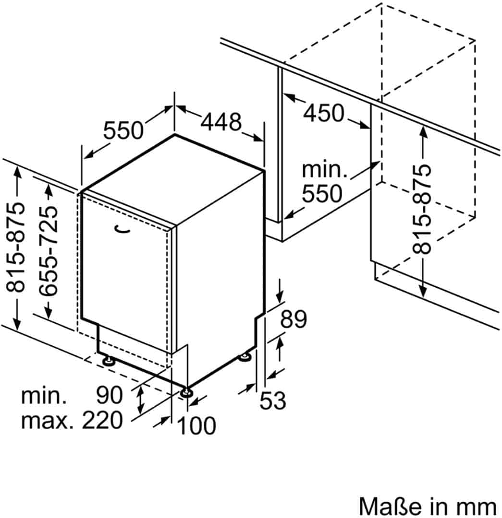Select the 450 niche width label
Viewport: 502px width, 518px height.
pos(324,114)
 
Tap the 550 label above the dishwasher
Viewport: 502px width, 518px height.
pos(123,130)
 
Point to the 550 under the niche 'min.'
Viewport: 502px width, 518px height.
pos(322,194)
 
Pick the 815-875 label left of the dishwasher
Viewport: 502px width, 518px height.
pos(16,247)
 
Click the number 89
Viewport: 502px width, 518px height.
pos(293,320)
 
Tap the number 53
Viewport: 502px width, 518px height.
pos(272,400)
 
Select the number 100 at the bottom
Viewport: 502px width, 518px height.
pos(196,425)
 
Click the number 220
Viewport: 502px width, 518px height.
pos(102,421)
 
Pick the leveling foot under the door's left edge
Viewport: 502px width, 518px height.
pos(107,359)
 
